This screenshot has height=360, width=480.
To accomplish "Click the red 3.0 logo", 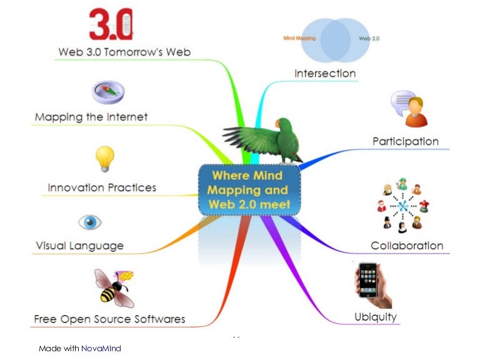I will click(x=111, y=24).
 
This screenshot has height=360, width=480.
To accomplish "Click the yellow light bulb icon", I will click(x=104, y=158).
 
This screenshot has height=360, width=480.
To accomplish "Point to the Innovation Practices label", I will click(x=102, y=187).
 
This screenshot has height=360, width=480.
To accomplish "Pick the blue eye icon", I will click(x=89, y=222).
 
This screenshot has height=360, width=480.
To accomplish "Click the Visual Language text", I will click(x=79, y=246).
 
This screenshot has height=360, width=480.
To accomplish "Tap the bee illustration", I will click(x=113, y=287).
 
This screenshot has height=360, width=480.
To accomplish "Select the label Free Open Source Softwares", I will click(x=109, y=319).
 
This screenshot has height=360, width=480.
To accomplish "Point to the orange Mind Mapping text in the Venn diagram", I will click(x=300, y=38).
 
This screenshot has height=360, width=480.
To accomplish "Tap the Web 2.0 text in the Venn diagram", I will click(x=369, y=38).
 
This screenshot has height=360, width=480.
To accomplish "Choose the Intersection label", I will click(x=325, y=73).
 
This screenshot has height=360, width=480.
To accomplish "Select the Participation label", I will click(x=406, y=141).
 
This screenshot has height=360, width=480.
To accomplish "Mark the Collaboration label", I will click(x=407, y=246).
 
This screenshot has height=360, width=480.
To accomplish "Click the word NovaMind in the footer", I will click(x=101, y=348).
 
